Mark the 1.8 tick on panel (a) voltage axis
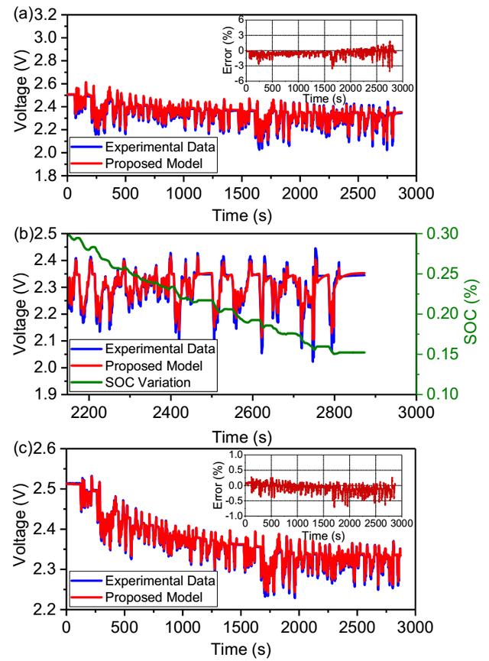(50, 176)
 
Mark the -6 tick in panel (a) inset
(239, 80)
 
